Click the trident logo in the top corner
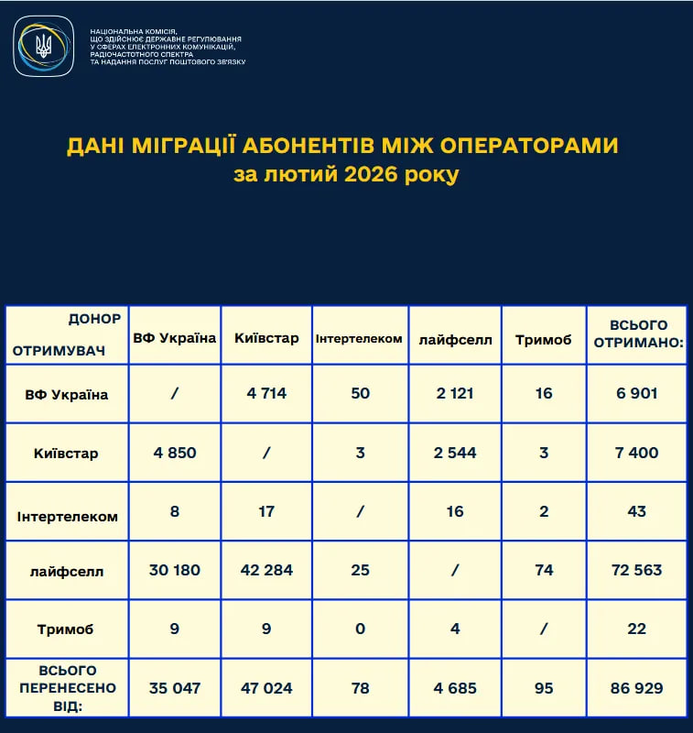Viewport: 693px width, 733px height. click(x=43, y=46)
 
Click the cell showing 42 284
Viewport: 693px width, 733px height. click(x=266, y=570)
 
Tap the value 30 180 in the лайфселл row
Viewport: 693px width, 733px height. click(x=174, y=570)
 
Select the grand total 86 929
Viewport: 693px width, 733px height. click(x=637, y=687)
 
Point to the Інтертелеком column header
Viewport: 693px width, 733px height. click(x=359, y=338)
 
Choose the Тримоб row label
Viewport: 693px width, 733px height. click(x=67, y=629)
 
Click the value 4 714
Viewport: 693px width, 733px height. click(x=266, y=394)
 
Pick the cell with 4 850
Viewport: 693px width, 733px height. click(x=174, y=453)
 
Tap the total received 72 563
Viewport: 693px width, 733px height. click(x=637, y=570)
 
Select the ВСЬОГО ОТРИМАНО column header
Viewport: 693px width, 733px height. click(x=637, y=334)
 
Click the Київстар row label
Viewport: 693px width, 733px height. click(x=67, y=453)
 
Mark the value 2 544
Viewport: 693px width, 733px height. click(x=455, y=453)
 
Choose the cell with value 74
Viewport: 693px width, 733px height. click(x=544, y=570)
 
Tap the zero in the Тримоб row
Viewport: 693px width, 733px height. click(x=360, y=629)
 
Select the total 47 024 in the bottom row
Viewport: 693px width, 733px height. click(x=266, y=687)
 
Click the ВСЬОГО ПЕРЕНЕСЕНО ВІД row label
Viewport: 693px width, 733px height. click(x=67, y=687)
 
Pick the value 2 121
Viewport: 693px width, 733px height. click(x=455, y=394)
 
